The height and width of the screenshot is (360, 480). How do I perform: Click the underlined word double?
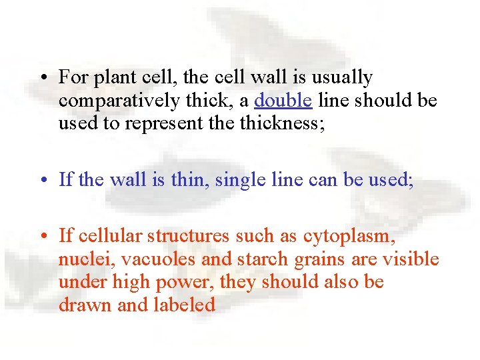(x=283, y=101)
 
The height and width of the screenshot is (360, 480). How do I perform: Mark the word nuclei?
(x=81, y=259)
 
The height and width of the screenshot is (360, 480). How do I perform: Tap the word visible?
(x=411, y=259)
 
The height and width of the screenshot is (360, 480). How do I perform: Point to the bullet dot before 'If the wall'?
(x=42, y=180)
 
